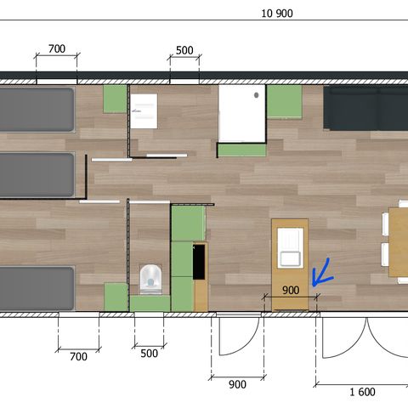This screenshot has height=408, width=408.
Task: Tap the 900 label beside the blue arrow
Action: coord(291,290)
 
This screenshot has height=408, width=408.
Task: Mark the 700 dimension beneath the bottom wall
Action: coord(77,357)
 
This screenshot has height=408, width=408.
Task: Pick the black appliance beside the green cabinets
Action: coord(200,262)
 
